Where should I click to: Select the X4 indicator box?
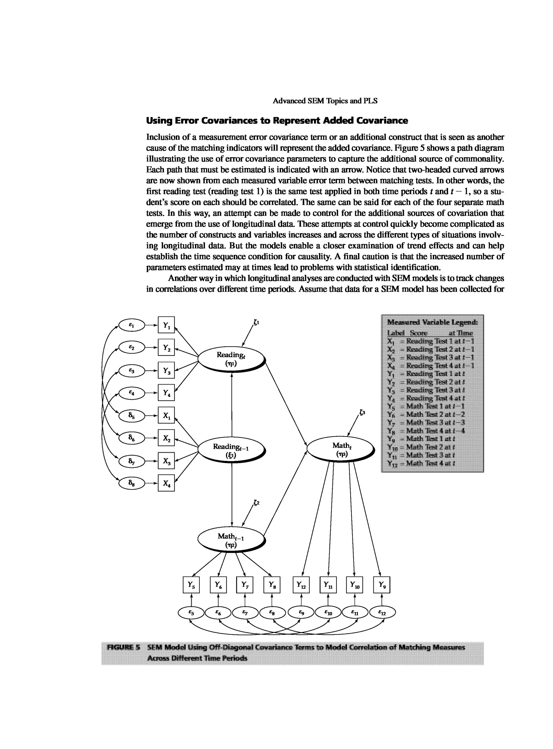point(166,483)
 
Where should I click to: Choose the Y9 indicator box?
point(381,585)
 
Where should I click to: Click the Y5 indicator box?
point(191,585)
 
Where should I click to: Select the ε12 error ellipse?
point(382,613)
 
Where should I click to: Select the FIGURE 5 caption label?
point(123,647)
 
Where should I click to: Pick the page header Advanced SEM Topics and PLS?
point(325,101)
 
